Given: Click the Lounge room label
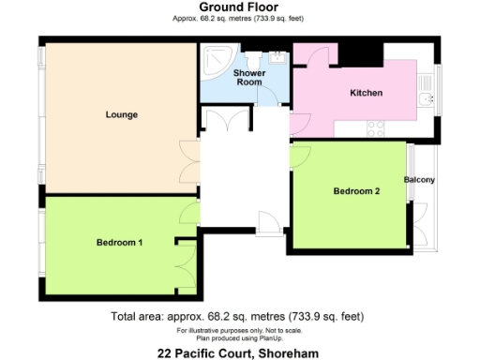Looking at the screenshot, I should pos(122,115).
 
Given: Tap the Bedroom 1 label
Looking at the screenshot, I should pos(119,243).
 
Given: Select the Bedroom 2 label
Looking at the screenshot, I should pos(357,192).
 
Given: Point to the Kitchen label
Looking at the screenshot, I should pos(366,94).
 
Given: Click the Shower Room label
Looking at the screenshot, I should pos(247,77).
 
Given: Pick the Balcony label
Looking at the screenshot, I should pos(419,180).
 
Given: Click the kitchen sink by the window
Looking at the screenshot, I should pos(427,98).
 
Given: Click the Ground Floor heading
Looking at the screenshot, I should pos(239,8).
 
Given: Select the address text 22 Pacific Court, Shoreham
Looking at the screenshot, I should pos(239,352).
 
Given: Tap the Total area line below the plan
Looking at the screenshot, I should pos(237,316).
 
